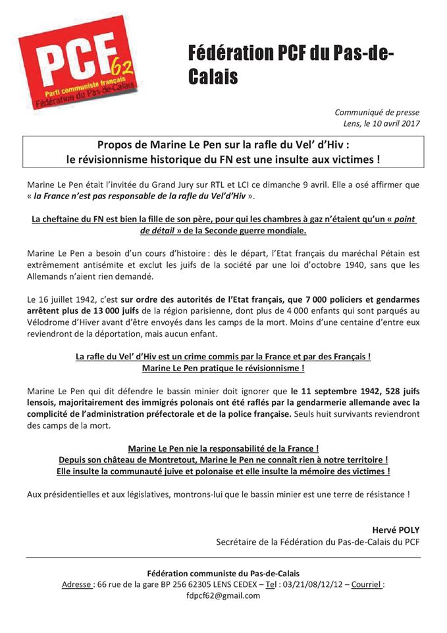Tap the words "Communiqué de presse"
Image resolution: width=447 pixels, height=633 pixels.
[377, 112]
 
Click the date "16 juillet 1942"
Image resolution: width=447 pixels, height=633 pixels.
[65, 299]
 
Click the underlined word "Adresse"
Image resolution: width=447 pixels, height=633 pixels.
[76, 584]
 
